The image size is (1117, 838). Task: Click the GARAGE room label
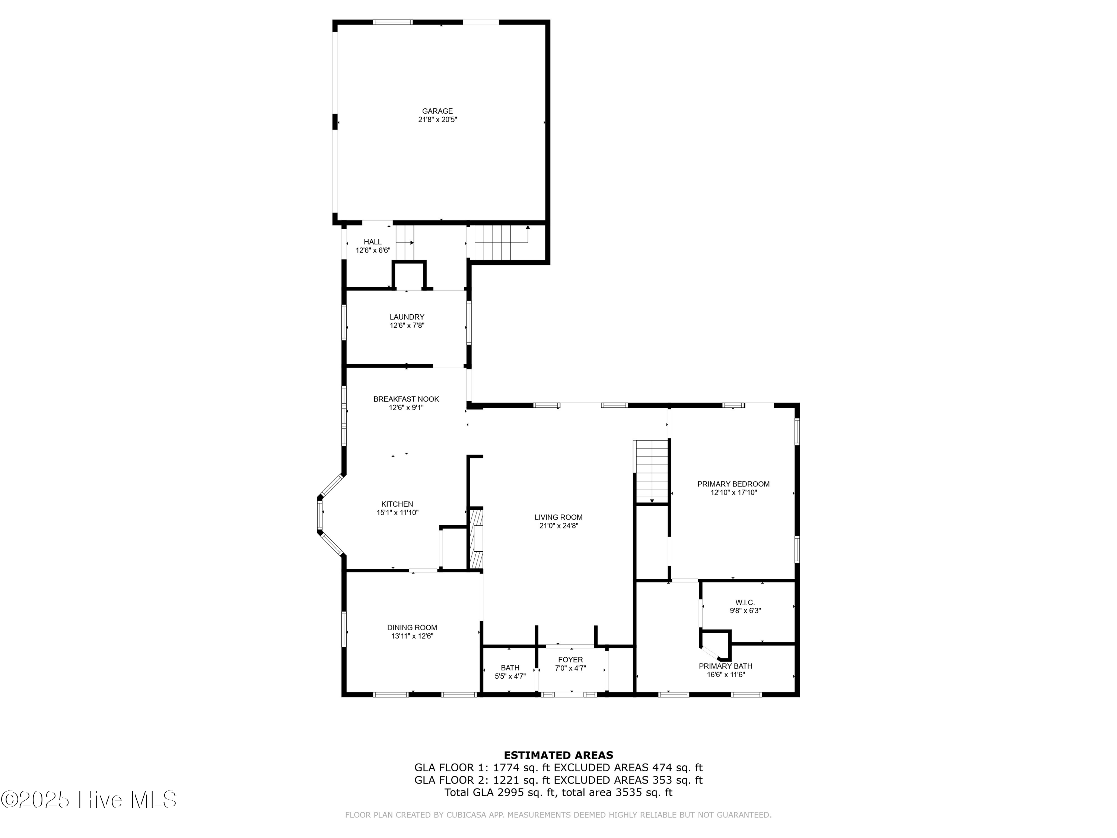tap(437, 111)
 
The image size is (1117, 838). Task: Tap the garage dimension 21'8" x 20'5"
tap(437, 120)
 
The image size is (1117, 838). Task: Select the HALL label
tap(373, 242)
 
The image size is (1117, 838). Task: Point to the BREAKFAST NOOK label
tap(406, 399)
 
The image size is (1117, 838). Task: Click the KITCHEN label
tap(397, 504)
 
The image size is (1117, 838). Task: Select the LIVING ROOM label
tap(558, 517)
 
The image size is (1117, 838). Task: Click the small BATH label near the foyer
tap(510, 668)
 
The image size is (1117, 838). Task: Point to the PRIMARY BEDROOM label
tap(733, 484)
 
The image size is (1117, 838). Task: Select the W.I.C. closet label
tap(745, 603)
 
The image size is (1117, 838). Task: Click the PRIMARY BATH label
tap(726, 666)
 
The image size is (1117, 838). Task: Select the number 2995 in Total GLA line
tap(510, 793)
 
